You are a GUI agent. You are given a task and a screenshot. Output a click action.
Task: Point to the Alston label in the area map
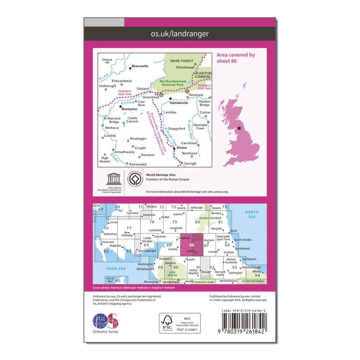[182, 148]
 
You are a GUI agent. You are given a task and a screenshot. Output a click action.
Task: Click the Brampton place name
[129, 109]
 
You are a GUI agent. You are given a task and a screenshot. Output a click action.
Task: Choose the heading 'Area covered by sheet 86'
[236, 58]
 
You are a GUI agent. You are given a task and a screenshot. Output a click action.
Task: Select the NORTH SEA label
[252, 215]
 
